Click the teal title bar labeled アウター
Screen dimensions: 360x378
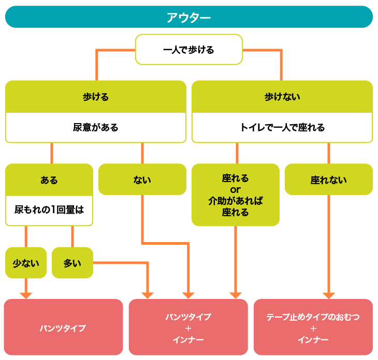point(188,17)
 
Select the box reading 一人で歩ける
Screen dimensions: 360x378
point(188,50)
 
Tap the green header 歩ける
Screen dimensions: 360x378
point(95,97)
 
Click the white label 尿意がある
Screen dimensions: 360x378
point(95,127)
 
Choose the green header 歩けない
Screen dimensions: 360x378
point(282,97)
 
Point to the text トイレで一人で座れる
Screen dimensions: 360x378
point(282,127)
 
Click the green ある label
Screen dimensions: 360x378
point(49,180)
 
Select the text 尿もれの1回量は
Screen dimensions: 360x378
point(49,210)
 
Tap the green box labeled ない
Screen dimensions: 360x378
point(142,179)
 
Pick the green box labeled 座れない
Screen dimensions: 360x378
point(328,180)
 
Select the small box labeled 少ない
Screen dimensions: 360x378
point(26,263)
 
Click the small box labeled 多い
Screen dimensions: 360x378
point(72,263)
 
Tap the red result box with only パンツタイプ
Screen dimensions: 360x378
point(63,328)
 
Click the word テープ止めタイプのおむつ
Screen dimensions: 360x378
point(313,317)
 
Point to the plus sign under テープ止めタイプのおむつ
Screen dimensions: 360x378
point(313,328)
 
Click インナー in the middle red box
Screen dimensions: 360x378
point(188,339)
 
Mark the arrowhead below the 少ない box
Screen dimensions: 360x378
point(26,295)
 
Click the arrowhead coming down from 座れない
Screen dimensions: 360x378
point(328,295)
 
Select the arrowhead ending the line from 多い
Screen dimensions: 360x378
point(148,295)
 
